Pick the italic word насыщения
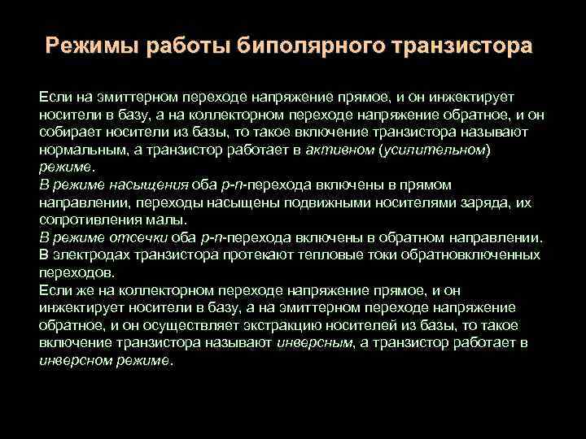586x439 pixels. point(155,185)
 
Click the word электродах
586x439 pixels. point(90,255)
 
